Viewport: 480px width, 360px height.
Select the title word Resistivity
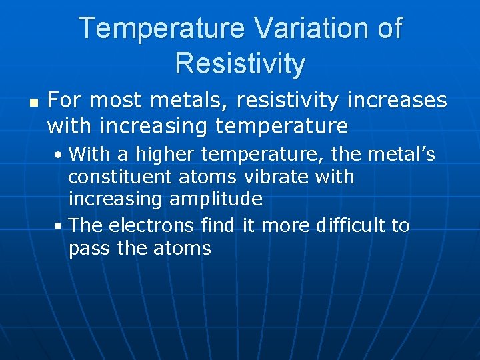[240, 64]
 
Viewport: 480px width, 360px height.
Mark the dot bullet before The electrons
[60, 227]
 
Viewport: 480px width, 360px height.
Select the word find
[217, 226]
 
